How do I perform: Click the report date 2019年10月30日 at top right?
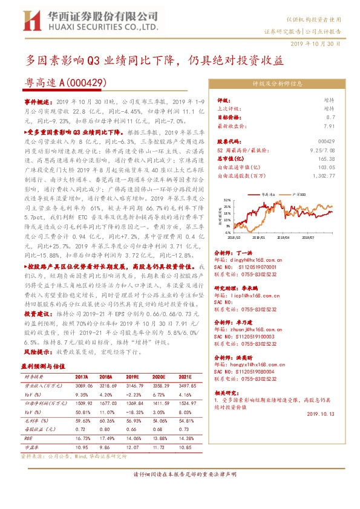(x=319, y=44)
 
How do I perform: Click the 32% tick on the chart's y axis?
(x=226, y=199)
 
